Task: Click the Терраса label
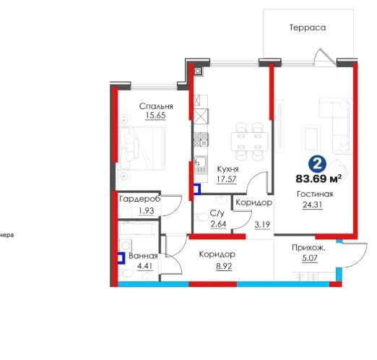coord(308,27)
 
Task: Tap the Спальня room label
coord(156,106)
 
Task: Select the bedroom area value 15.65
coord(155,116)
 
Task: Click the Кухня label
coord(227,169)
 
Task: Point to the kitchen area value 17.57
coord(226,179)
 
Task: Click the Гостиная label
coord(315,194)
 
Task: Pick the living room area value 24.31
coord(313,205)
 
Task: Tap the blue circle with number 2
coord(317,164)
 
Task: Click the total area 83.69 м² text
coord(318,179)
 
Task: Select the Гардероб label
coord(140,199)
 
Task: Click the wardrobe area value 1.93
coord(146,210)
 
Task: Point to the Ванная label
coord(143,256)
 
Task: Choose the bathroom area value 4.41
coord(145,266)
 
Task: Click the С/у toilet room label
coord(217,213)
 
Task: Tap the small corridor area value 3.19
coord(262,225)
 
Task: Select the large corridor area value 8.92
coord(224,266)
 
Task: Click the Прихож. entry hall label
coord(308,248)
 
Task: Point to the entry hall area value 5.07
coord(310,258)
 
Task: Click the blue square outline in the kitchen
coord(197,189)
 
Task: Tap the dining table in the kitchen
coord(249,141)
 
